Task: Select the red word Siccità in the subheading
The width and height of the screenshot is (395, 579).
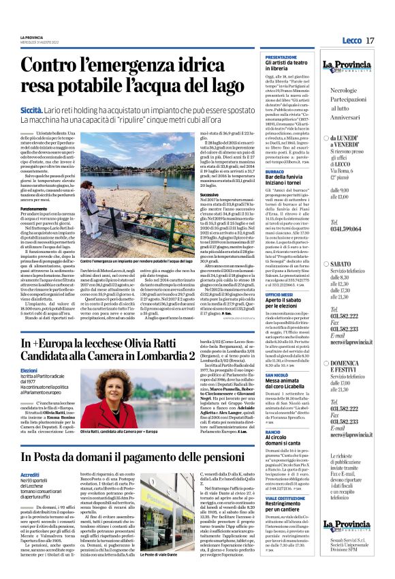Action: (32, 109)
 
